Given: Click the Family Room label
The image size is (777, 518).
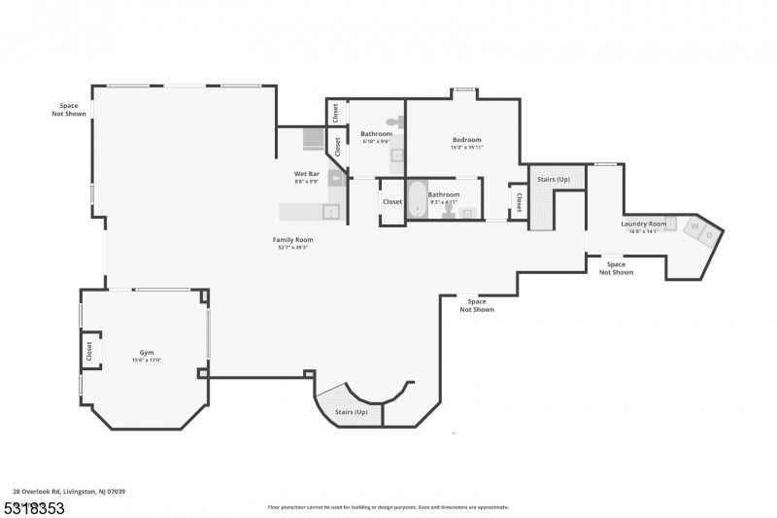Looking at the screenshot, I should point(292,239).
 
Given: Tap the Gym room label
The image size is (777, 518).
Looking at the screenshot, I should point(147,353).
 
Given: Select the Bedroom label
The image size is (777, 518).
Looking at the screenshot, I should point(466,140).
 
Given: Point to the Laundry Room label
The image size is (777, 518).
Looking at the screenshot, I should point(643,224).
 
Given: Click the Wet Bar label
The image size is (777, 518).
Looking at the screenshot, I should point(307,173).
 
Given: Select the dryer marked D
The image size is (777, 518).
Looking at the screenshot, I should point(710,234).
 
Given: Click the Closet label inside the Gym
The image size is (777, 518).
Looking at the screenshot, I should point(89,350).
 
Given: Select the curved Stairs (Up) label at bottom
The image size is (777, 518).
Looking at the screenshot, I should point(352,412).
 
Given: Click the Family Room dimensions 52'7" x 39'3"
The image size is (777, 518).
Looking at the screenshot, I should point(292,247).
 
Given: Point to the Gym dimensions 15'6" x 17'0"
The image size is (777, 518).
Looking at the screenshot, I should point(147,361).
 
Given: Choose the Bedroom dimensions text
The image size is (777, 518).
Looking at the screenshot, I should point(466,148).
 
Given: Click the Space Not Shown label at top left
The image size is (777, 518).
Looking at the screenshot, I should point(69,109).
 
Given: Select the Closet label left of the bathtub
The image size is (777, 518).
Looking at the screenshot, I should point(392,202).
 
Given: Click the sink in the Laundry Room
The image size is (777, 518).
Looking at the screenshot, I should point(670,222).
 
